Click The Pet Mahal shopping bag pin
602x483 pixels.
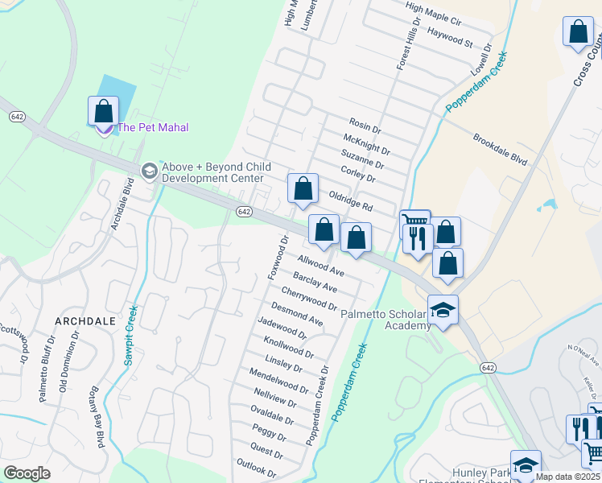coord(103,111)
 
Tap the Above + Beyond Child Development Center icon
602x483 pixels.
coord(149,171)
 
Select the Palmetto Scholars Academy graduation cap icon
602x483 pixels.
coord(443,310)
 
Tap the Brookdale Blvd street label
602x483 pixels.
coord(500,149)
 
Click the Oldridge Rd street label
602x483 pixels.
coord(350,200)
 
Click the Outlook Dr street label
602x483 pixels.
coord(256,466)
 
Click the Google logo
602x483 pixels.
coord(27,473)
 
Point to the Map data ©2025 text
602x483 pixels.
coord(568,477)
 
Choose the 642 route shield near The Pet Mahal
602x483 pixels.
coord(17,117)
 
